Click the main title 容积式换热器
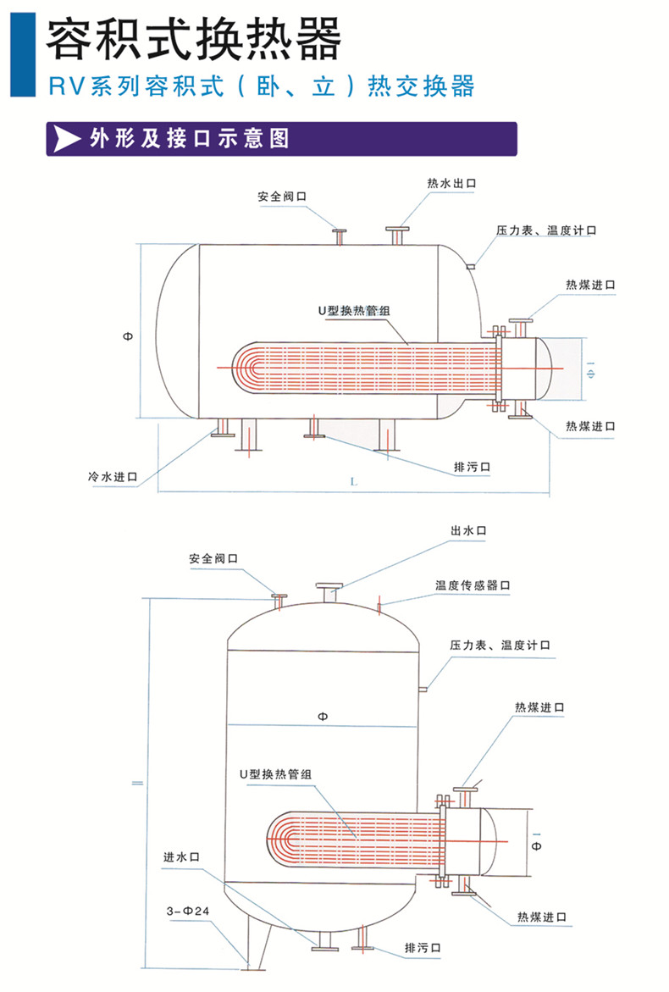pyautogui.click(x=194, y=37)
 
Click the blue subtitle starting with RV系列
pyautogui.click(x=261, y=86)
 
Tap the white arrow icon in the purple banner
pyautogui.click(x=66, y=138)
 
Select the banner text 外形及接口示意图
pyautogui.click(x=189, y=138)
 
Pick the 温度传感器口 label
pyautogui.click(x=473, y=585)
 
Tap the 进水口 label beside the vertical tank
pyautogui.click(x=181, y=857)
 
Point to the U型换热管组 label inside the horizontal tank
pyautogui.click(x=354, y=311)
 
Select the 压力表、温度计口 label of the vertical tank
pyautogui.click(x=500, y=646)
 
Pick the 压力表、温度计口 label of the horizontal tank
pyautogui.click(x=547, y=230)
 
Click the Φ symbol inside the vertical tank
pyautogui.click(x=322, y=717)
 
